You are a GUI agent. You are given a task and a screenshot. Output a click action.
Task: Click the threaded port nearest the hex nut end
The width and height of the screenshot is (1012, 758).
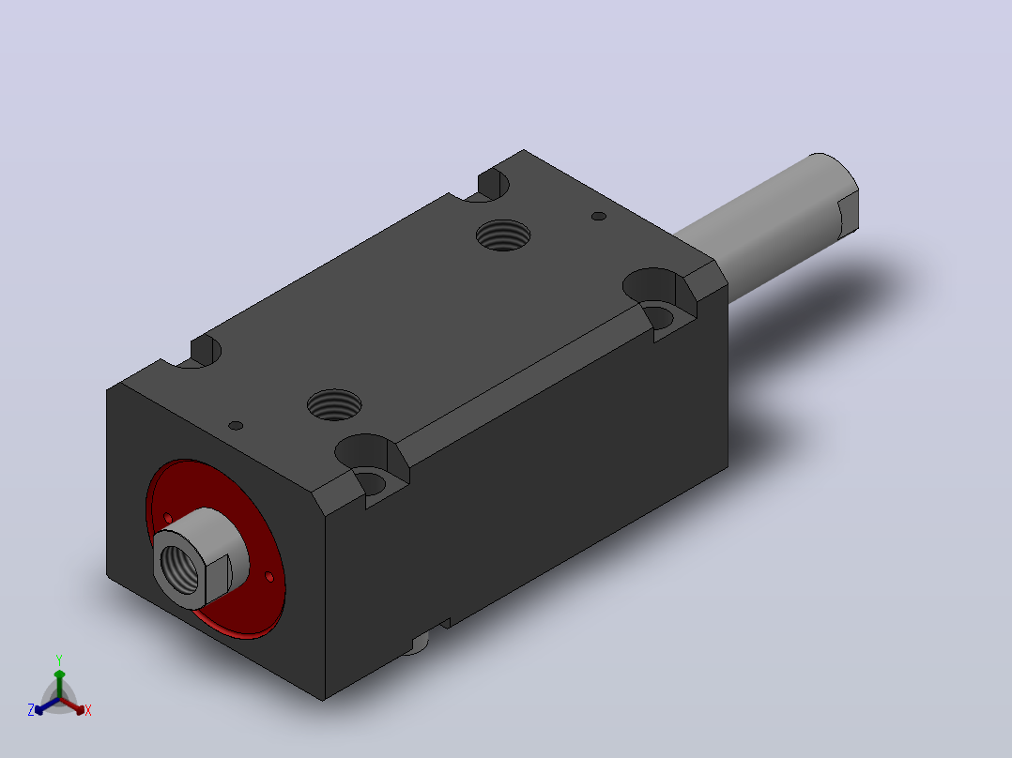point(333,404)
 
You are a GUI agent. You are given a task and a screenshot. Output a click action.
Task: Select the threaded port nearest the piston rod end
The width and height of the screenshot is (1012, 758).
point(503,235)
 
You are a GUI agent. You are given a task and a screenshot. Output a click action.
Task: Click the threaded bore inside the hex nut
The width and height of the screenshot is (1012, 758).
point(179,569)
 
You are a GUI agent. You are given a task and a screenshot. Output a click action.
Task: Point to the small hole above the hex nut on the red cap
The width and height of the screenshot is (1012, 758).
point(168,518)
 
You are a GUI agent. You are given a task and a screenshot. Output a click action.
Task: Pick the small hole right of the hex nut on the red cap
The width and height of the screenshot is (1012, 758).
point(269,577)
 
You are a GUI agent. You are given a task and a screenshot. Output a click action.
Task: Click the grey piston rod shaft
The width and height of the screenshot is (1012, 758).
point(768,227)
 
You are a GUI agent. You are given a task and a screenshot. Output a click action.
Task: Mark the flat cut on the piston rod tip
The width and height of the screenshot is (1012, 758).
point(848,214)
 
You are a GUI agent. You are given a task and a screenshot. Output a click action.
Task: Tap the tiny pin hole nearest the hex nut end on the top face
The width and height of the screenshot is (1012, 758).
point(237,426)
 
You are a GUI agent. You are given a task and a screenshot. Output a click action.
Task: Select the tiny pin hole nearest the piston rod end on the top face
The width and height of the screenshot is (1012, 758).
point(599,216)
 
